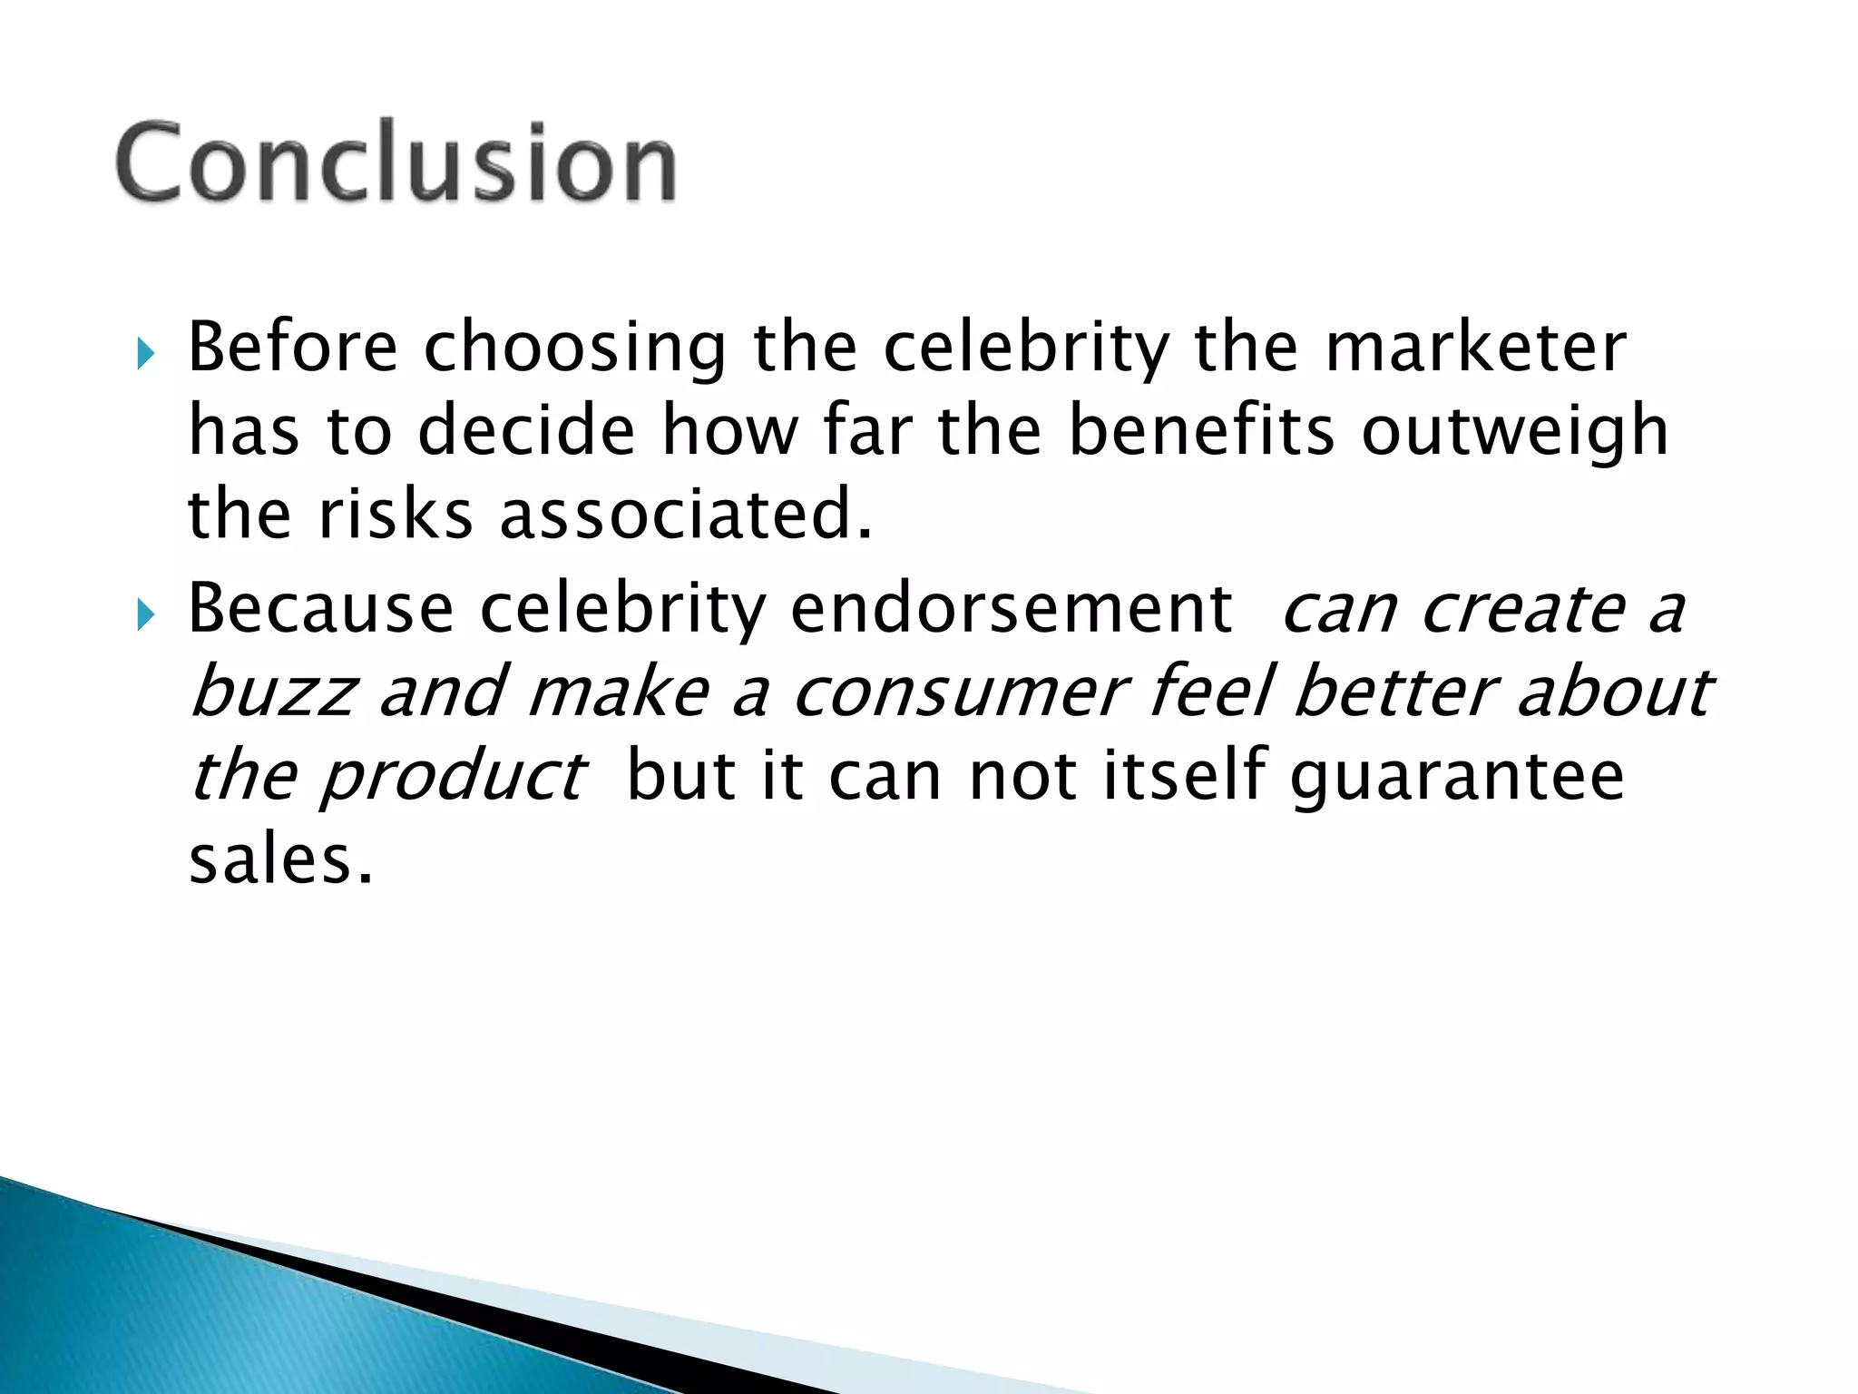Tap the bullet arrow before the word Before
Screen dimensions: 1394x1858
(146, 352)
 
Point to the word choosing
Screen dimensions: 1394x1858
(575, 349)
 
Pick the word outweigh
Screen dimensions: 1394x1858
(1515, 432)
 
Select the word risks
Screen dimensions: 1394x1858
(396, 515)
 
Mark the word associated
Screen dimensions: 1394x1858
(686, 515)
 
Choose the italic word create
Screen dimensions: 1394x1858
(1523, 610)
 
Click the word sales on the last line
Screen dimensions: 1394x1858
(279, 859)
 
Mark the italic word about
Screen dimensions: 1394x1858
(1615, 692)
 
